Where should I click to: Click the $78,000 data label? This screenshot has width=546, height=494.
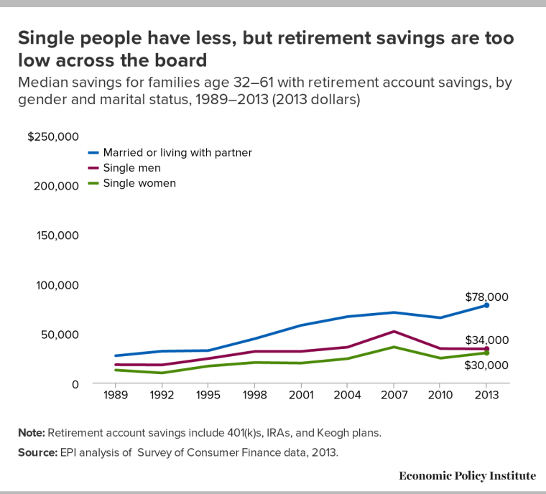pos(486,297)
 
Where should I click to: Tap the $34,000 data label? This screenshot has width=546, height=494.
pos(486,340)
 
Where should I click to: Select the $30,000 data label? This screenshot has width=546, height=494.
pos(486,365)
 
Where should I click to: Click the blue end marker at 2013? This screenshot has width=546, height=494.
pos(486,305)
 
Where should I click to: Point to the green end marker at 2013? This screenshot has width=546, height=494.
pos(486,353)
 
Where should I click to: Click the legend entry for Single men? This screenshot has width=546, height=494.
pos(131,167)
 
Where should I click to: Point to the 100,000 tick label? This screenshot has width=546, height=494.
pos(57,285)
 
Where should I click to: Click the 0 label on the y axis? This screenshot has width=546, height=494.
pos(74,384)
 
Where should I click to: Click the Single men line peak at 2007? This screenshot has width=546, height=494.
pos(392,331)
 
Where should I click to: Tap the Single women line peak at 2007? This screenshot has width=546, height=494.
pos(392,347)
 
